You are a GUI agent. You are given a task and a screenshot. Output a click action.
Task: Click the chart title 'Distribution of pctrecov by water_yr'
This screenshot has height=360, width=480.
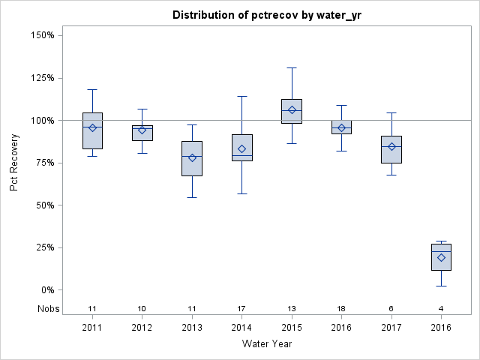coord(266,15)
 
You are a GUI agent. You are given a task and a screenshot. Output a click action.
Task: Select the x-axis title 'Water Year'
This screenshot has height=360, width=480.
coord(266,343)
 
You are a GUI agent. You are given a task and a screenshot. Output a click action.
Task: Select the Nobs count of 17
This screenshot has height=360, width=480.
coord(241,308)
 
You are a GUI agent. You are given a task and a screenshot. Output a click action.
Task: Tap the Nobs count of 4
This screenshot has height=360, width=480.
coord(441,308)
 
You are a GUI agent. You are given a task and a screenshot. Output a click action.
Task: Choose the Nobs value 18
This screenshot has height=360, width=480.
coord(341,308)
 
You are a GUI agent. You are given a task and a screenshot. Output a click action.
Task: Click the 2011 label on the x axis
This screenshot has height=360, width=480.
coord(92,328)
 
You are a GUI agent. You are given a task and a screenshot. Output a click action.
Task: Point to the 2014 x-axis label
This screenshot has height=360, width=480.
coord(241,328)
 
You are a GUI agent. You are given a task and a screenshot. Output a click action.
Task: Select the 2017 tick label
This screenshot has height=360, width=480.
coord(391,328)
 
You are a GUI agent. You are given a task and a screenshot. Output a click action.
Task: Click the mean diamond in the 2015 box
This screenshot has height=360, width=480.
coord(292,110)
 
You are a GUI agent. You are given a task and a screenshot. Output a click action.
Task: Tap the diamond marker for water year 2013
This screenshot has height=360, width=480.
coord(192,157)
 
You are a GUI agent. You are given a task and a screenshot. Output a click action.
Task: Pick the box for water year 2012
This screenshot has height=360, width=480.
coord(142,133)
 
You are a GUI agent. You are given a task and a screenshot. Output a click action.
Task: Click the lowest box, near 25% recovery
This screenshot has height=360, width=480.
coord(441,256)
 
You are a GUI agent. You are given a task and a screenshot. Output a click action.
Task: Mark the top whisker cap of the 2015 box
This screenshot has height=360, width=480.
coord(292,67)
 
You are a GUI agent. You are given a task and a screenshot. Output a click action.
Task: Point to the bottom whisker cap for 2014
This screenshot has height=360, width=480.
coord(241,193)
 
